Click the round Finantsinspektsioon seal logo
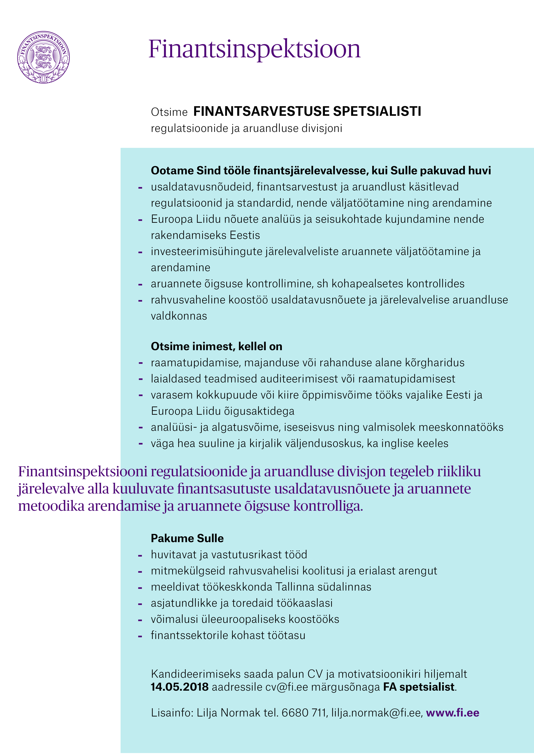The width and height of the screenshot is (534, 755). pos(43,57)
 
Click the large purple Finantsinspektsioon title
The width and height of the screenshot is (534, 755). pos(254,49)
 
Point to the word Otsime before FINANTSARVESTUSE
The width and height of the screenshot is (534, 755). pos(169,112)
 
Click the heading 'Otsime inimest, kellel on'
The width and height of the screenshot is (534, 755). pos(216,346)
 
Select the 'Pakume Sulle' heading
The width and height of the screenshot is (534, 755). pos(187,538)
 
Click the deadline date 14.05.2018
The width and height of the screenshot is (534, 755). pos(180,687)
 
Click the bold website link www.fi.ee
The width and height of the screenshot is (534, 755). pos(453,713)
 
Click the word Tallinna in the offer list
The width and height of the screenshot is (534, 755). pos(295,587)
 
